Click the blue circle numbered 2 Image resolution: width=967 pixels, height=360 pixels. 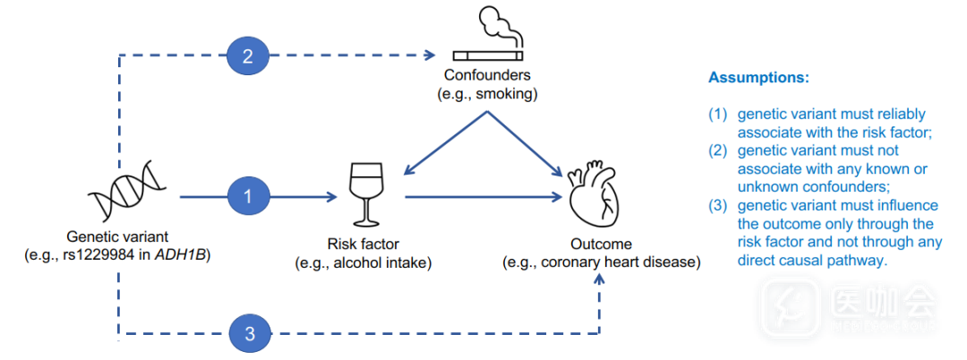click(x=248, y=56)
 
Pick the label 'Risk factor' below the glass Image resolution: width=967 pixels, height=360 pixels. click(x=364, y=244)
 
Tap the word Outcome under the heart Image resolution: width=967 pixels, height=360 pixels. click(x=601, y=244)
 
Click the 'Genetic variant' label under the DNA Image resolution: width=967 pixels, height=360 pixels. click(x=117, y=237)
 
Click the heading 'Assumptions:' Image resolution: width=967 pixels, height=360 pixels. click(x=758, y=78)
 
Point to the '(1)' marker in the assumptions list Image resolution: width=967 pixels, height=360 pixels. click(x=717, y=115)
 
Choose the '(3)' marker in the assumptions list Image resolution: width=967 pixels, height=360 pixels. click(x=717, y=207)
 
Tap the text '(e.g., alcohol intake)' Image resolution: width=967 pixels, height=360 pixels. click(x=364, y=262)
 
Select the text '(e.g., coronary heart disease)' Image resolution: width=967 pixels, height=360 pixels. click(x=601, y=262)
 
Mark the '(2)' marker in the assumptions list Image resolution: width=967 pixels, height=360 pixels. click(x=717, y=151)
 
